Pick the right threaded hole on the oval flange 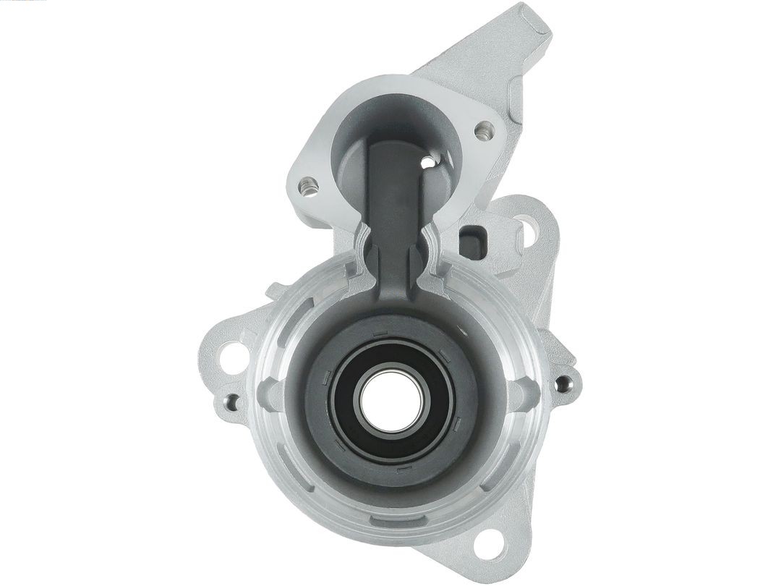pos(483,132)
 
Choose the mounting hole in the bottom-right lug pos(493,539)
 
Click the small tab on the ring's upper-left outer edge pos(276,292)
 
